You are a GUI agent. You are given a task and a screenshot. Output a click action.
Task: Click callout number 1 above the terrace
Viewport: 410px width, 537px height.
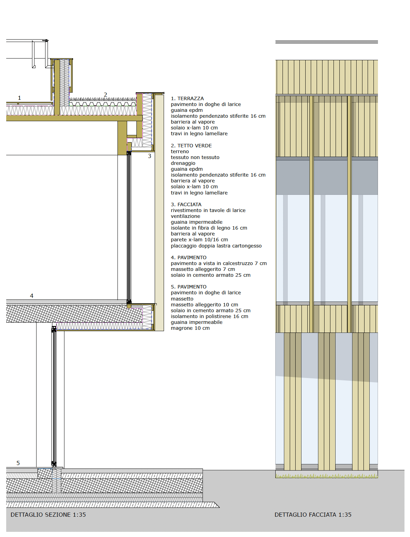tap(20, 98)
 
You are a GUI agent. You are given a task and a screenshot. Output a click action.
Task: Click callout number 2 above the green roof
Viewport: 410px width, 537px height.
tap(105, 95)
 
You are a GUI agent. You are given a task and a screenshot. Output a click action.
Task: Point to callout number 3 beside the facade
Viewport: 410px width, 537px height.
tap(150, 156)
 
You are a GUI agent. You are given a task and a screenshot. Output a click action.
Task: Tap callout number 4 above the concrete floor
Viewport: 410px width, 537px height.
tap(32, 296)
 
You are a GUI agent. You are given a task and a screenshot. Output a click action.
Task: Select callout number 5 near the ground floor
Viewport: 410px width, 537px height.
tap(18, 463)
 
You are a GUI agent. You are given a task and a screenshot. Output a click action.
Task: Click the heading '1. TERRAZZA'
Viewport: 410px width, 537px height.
tap(187, 98)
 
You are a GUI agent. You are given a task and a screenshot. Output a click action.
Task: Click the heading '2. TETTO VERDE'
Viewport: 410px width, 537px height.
tap(191, 146)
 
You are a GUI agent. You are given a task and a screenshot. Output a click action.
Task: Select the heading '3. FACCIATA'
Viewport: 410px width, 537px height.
tap(186, 204)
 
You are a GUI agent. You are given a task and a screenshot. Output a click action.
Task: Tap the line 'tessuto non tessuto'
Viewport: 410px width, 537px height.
tap(195, 157)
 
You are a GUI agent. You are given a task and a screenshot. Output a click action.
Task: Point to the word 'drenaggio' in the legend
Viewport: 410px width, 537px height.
tap(183, 164)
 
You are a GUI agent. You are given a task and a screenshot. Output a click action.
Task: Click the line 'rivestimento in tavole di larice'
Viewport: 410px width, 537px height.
tap(208, 210)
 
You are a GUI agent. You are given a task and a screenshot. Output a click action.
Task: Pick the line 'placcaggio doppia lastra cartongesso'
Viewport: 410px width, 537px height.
tap(216, 246)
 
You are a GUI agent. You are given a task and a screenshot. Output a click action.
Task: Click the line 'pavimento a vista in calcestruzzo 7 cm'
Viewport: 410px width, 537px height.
tap(219, 263)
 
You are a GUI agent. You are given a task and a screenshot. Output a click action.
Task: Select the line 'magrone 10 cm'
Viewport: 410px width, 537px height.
tap(190, 328)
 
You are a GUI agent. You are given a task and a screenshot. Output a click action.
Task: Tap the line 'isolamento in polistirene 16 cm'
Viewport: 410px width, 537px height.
tap(209, 317)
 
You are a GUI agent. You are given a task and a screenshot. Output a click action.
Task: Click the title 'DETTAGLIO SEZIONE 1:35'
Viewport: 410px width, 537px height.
tap(48, 515)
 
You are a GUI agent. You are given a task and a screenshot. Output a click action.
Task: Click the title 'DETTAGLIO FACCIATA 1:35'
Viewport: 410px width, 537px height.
tap(313, 515)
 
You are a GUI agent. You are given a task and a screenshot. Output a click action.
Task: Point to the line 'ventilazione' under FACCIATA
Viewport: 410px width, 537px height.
tap(186, 216)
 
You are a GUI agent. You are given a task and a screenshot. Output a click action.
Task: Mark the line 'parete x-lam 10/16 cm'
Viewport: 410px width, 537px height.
tap(199, 240)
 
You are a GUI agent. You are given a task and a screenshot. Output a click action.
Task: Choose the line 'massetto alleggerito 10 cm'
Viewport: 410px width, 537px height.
tap(204, 305)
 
